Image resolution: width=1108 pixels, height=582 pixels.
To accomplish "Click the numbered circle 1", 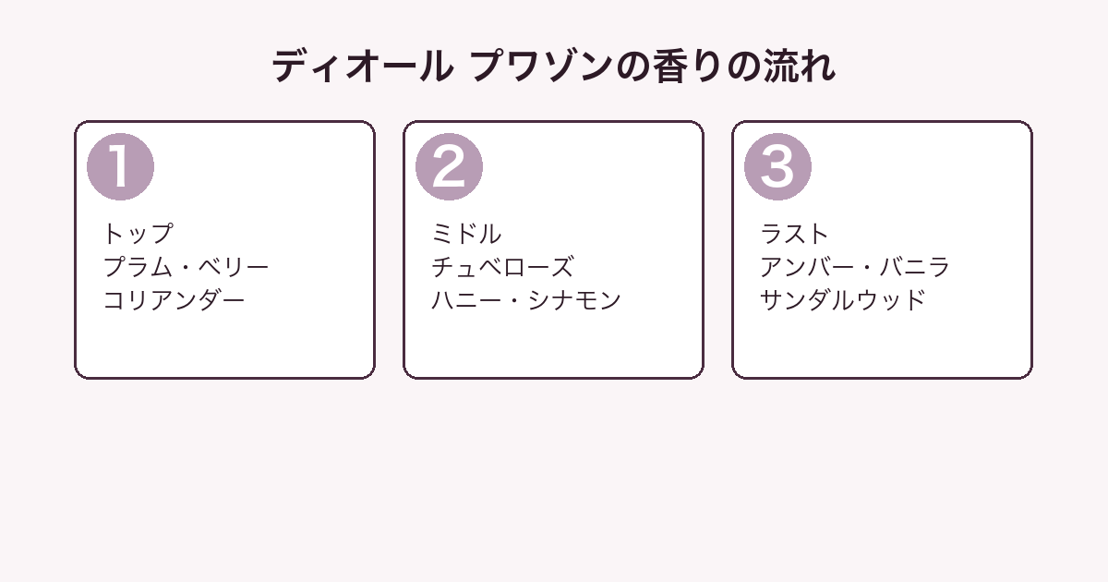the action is (x=120, y=167).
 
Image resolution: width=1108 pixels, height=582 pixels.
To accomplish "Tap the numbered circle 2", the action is (x=449, y=167).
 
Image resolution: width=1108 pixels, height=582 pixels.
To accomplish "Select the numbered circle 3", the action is (x=777, y=167).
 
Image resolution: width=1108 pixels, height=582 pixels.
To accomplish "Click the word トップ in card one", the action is (x=138, y=234).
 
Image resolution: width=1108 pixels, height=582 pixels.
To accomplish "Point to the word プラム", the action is (x=138, y=267).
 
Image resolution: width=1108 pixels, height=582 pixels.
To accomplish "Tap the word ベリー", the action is (x=234, y=267).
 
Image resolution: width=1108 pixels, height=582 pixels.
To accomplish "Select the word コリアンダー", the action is (x=175, y=300).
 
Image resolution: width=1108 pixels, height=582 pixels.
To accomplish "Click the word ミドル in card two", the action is (x=466, y=234).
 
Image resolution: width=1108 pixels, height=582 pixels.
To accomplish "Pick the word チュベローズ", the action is (x=502, y=267).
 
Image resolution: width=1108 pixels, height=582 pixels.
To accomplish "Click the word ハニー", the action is (x=466, y=300).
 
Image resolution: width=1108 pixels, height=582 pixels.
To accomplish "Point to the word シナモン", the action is (x=574, y=300).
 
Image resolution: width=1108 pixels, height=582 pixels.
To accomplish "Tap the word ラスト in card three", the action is (x=794, y=234).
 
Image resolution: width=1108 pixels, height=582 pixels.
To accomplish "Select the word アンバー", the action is (x=807, y=267).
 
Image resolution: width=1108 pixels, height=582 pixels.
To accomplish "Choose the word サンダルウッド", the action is (x=843, y=300).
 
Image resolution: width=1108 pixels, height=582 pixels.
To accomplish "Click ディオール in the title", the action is (x=363, y=67).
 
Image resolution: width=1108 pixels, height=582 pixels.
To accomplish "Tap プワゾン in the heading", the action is (x=542, y=67).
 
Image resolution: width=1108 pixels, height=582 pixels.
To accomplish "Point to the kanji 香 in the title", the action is (x=671, y=67).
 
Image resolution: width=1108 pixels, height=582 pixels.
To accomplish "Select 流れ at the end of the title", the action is (x=800, y=67).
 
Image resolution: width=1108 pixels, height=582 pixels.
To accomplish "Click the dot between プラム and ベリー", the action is (x=186, y=268).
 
